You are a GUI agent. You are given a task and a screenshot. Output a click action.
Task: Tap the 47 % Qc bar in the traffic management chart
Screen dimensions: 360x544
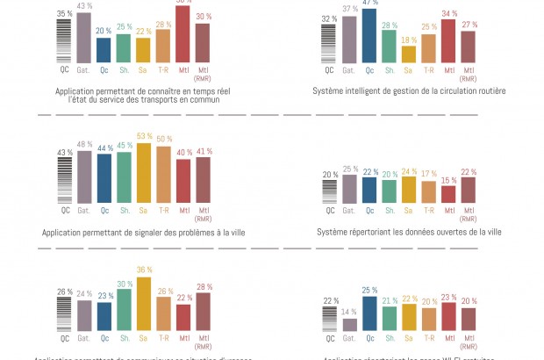[x=369, y=36]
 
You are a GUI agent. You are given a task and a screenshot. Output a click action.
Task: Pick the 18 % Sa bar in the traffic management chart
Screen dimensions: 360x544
[x=409, y=54]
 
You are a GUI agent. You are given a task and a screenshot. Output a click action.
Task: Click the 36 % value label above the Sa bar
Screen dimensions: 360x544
[x=144, y=270]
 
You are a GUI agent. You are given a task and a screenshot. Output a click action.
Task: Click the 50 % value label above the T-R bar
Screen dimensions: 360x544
[x=163, y=139]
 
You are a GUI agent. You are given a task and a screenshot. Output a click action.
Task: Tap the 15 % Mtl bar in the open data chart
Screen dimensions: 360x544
[x=448, y=194]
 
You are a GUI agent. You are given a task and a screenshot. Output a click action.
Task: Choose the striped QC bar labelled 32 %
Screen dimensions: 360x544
[x=330, y=44]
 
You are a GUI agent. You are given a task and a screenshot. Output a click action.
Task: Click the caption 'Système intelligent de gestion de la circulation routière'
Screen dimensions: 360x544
[x=409, y=90]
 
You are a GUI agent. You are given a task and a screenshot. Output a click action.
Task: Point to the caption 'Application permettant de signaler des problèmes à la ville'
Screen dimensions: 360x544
[x=144, y=233]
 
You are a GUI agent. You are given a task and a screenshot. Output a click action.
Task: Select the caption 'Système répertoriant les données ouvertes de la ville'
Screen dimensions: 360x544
[x=409, y=233]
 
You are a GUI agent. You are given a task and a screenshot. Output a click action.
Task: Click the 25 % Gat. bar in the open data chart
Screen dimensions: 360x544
[x=349, y=189]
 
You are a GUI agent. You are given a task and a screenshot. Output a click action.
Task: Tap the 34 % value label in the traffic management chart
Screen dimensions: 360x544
[x=448, y=13]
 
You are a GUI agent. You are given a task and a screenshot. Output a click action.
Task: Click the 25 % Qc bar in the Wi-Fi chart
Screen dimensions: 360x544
[x=369, y=314]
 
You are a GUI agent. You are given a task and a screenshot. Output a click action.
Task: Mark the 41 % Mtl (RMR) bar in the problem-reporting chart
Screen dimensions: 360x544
[x=203, y=182]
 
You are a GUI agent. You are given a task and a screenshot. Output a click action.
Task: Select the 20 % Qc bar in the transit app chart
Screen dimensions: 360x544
[x=104, y=50]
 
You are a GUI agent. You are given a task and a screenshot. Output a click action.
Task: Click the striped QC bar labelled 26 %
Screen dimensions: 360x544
[x=64, y=313]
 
